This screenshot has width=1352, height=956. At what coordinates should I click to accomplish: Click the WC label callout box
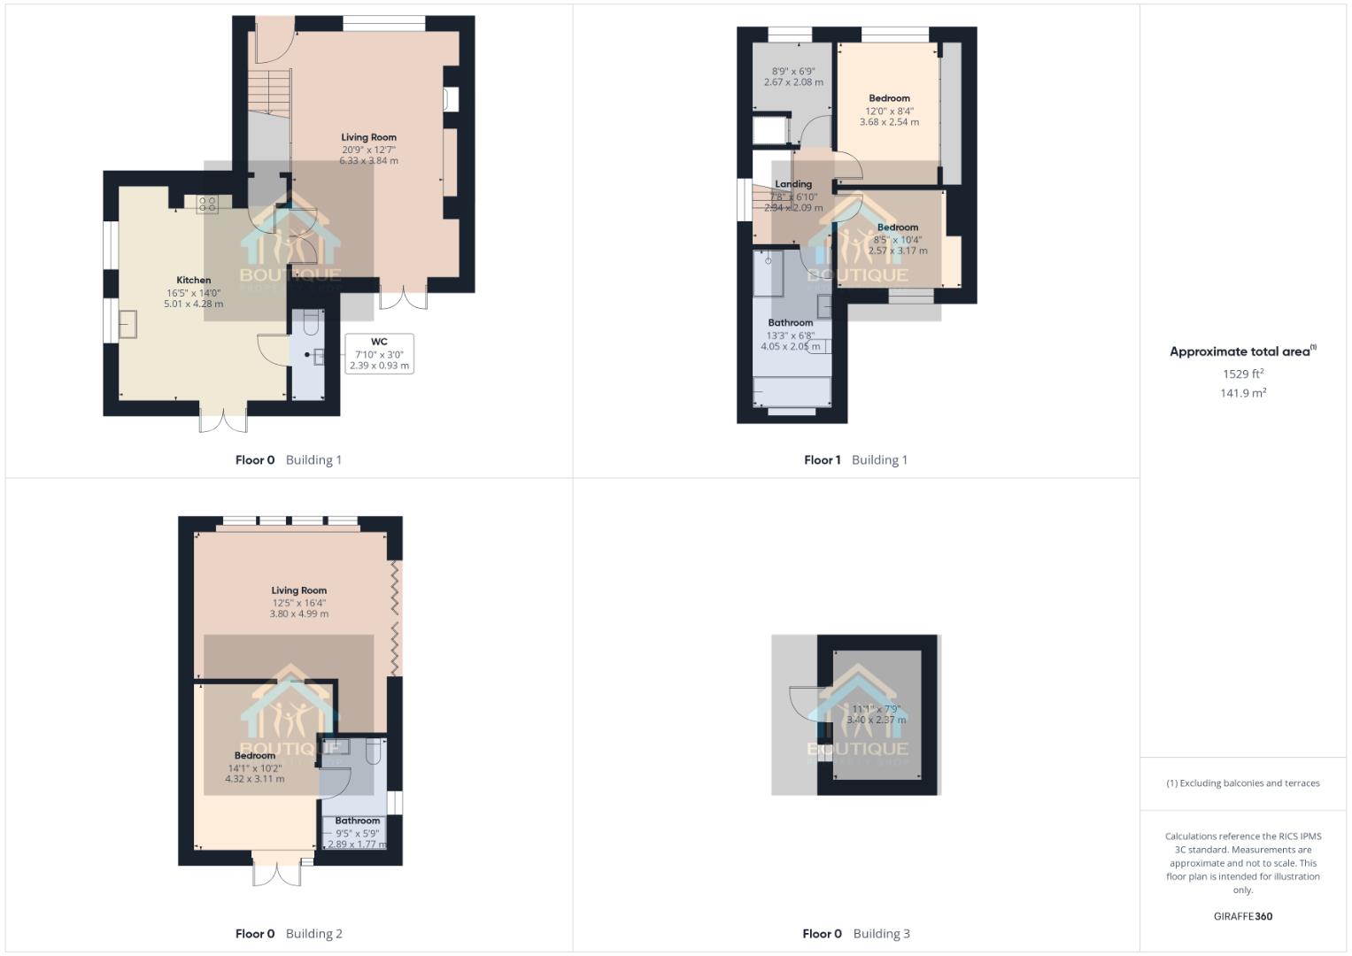tap(379, 353)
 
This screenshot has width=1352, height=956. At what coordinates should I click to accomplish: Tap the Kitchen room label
tap(193, 280)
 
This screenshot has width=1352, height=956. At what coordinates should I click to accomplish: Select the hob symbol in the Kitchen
tap(206, 204)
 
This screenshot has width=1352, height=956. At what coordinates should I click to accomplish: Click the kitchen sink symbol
tap(127, 324)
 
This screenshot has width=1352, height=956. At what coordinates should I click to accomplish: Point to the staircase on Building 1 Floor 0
tap(268, 92)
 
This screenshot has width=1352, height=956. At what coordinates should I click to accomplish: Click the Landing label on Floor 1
tap(793, 184)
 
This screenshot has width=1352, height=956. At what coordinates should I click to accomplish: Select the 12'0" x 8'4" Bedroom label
tap(889, 98)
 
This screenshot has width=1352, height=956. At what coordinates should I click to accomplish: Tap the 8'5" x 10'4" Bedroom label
tap(898, 227)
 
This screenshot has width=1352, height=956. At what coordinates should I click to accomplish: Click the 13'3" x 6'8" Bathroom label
tap(790, 323)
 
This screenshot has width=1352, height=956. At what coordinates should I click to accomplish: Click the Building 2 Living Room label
tap(298, 590)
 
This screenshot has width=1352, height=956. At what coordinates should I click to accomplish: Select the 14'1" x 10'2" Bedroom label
tap(254, 756)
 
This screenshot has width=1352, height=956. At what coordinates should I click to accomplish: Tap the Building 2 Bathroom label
tap(357, 821)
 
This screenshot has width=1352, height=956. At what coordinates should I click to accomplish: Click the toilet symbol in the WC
tap(310, 325)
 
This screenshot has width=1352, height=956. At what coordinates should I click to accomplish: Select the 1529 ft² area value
tap(1242, 374)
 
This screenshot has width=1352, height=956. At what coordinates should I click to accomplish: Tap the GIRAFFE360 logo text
tap(1242, 916)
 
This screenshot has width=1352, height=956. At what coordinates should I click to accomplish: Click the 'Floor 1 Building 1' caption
tap(855, 459)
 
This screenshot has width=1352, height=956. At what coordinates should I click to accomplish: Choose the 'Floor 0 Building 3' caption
tap(855, 933)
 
